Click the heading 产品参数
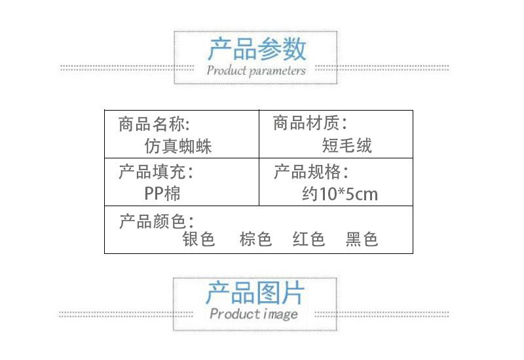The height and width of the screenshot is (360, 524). click(257, 49)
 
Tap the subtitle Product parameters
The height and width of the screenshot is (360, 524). click(256, 71)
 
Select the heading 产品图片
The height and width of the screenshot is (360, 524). click(255, 293)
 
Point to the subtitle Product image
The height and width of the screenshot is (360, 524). click(254, 314)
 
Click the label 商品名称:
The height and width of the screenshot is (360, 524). click(155, 123)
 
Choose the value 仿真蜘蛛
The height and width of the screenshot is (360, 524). click(178, 145)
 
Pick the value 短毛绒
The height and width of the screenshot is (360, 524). click(347, 145)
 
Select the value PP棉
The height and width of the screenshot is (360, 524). click(162, 194)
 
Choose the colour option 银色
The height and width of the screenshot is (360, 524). click(199, 240)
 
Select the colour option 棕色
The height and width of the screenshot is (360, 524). click(255, 240)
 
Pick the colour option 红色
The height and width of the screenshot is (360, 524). click(309, 240)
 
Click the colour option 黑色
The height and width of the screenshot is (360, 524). click(362, 240)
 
